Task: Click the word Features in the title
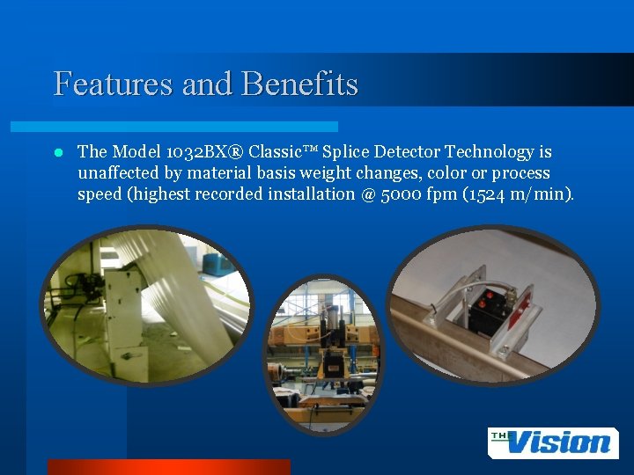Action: tap(113, 84)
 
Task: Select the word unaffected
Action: tap(117, 173)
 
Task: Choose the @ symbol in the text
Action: tap(367, 194)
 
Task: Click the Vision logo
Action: tap(553, 442)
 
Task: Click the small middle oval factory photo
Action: tap(325, 356)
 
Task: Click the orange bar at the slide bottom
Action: tap(168, 467)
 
